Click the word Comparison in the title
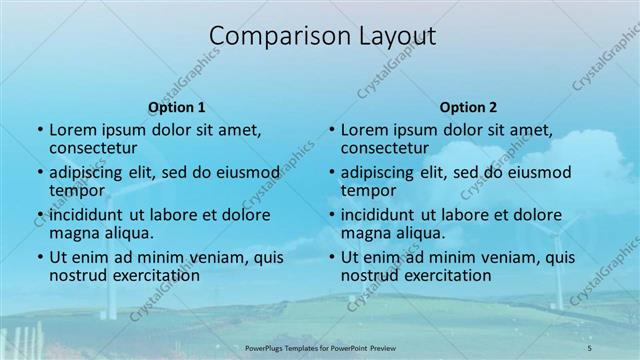267,36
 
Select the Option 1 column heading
177,107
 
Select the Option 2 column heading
468,107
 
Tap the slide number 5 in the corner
590,347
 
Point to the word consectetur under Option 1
93,148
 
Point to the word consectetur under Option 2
385,148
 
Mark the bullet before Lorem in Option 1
39,130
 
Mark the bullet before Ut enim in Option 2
331,257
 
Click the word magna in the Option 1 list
73,233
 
